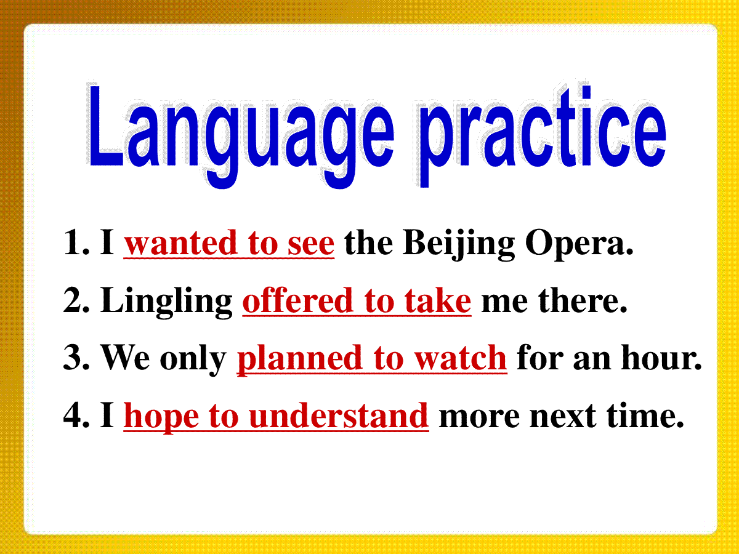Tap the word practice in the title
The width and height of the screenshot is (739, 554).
pyautogui.click(x=543, y=135)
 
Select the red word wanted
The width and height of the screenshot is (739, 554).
pyautogui.click(x=180, y=243)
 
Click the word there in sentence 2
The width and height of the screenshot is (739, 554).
pyautogui.click(x=583, y=302)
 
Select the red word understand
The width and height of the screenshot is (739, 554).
pyautogui.click(x=339, y=415)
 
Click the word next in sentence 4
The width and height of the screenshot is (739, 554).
pyautogui.click(x=563, y=418)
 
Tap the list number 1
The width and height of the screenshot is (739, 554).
pyautogui.click(x=73, y=243)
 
